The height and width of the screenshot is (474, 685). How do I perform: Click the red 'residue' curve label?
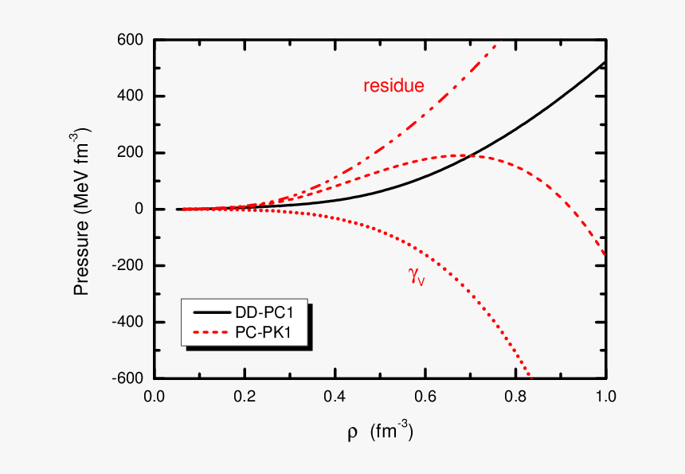[393, 86]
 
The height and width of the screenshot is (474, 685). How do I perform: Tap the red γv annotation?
[416, 276]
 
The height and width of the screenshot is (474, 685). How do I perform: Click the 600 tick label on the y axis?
[132, 40]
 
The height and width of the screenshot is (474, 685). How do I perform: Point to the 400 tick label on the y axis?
[132, 96]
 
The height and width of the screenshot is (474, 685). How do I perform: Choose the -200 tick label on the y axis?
[130, 266]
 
